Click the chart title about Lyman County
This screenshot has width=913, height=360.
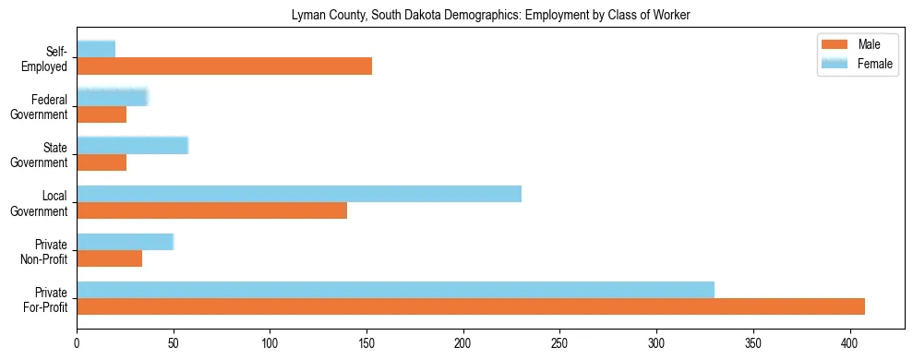pyautogui.click(x=490, y=16)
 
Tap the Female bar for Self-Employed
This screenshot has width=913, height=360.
pyautogui.click(x=96, y=49)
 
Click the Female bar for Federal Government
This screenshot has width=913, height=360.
pyautogui.click(x=113, y=97)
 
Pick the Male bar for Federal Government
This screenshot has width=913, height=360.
pyautogui.click(x=102, y=114)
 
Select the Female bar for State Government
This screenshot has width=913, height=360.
pyautogui.click(x=132, y=145)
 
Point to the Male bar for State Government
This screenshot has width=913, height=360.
pyautogui.click(x=102, y=162)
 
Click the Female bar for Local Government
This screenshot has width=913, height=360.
pyautogui.click(x=299, y=194)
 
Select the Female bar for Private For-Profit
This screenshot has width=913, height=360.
pyautogui.click(x=395, y=290)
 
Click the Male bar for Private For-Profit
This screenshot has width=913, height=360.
pyautogui.click(x=471, y=306)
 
